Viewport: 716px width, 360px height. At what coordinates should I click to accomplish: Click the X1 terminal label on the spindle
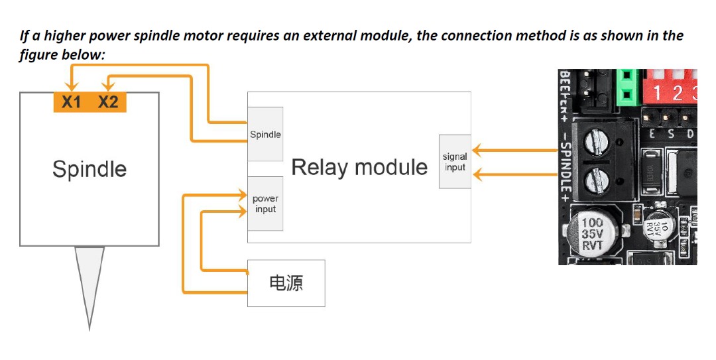[71, 103]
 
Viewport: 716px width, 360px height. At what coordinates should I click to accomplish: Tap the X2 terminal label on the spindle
[108, 103]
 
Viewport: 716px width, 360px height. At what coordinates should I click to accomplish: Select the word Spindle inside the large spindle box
[89, 169]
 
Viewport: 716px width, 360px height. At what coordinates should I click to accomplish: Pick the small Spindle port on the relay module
[265, 135]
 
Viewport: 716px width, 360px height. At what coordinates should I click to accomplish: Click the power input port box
[265, 204]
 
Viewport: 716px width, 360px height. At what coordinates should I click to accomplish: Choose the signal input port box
[455, 162]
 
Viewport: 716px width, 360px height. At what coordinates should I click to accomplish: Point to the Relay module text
[359, 167]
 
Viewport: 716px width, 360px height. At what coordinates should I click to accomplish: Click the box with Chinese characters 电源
[286, 283]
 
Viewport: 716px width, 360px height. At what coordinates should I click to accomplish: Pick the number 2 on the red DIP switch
[677, 93]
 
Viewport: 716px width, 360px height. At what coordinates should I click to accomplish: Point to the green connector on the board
[625, 88]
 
